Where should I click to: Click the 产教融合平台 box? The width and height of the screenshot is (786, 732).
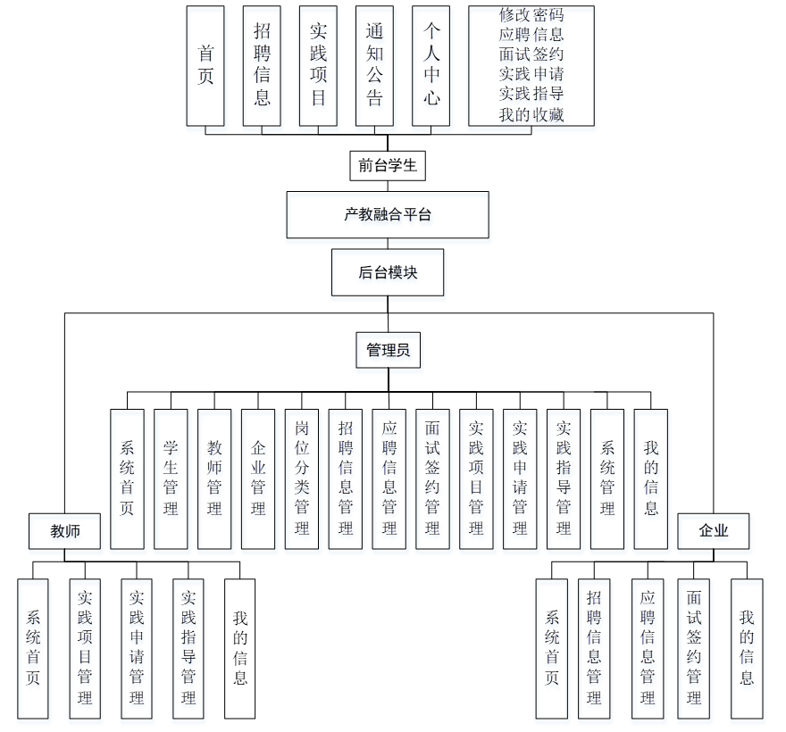coord(388,214)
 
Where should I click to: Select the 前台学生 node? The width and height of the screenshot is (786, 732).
coord(388,165)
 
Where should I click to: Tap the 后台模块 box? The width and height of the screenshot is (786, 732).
coord(388,272)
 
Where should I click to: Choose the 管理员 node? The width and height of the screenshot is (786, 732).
coord(388,350)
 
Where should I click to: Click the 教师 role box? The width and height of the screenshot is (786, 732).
coord(64,531)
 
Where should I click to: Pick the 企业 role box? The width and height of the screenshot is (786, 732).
coord(714,531)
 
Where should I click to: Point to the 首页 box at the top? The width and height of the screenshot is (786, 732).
coord(205,65)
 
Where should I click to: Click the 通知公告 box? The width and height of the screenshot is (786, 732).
coord(374,65)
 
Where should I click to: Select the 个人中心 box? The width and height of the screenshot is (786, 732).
coord(431,65)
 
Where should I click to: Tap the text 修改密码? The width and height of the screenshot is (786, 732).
coord(531,15)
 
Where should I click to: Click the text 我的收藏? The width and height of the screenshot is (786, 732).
coord(531,114)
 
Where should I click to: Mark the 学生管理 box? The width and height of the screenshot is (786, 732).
coord(171,478)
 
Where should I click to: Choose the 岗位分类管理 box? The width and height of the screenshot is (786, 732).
coord(302,478)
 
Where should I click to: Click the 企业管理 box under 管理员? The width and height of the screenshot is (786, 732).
coord(258,478)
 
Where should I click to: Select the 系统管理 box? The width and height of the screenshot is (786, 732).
coord(607,478)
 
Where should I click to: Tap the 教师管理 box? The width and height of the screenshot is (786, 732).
coord(214,478)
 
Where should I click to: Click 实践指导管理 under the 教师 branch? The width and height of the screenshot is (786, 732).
coord(188,648)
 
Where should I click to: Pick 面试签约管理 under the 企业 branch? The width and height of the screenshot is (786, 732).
coord(694,648)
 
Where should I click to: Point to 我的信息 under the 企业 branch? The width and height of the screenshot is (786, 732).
coord(747,648)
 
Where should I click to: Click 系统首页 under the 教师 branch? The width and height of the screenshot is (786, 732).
coord(33,648)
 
